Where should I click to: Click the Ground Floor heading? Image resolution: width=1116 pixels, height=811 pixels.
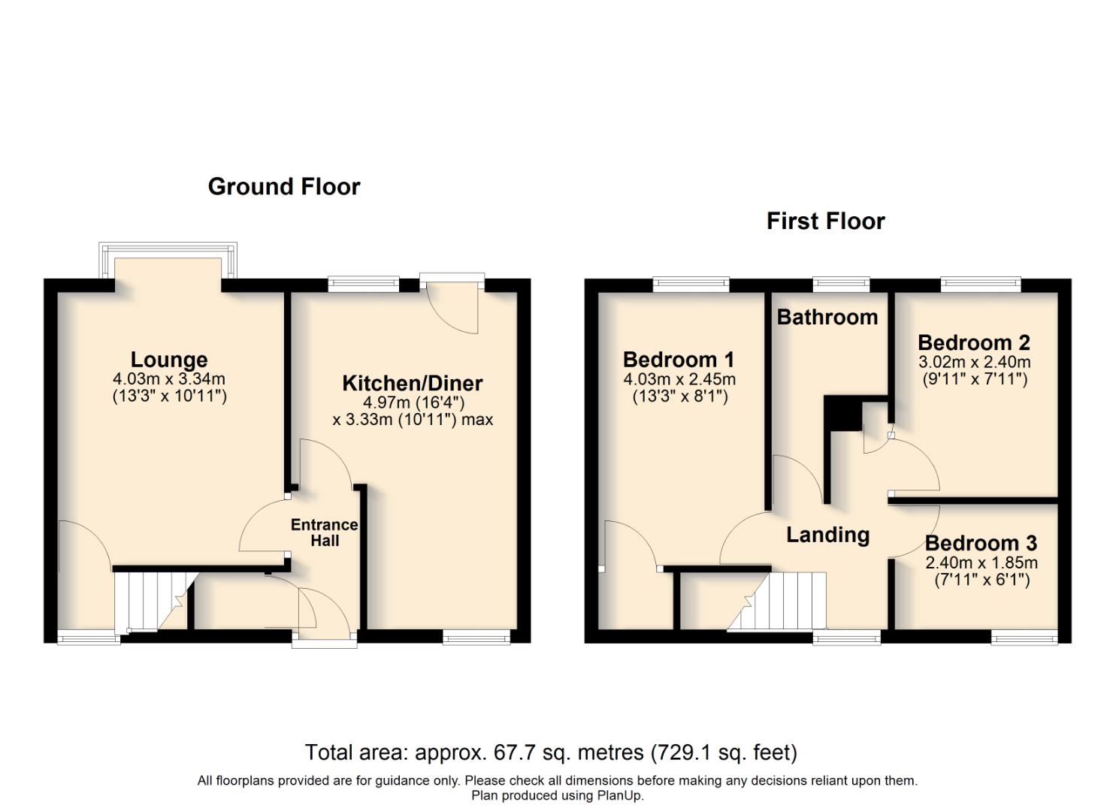pyautogui.click(x=284, y=186)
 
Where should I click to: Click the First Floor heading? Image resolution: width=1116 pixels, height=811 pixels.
pyautogui.click(x=825, y=221)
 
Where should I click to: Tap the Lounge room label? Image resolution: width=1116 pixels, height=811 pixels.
pyautogui.click(x=169, y=360)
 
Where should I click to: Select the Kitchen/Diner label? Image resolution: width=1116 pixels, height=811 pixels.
pyautogui.click(x=413, y=383)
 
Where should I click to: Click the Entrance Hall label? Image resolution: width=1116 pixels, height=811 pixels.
pyautogui.click(x=325, y=532)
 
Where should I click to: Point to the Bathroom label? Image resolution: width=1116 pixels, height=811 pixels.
pyautogui.click(x=827, y=317)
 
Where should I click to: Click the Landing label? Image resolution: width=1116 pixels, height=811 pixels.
pyautogui.click(x=827, y=535)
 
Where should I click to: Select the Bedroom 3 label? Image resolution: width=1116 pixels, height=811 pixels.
pyautogui.click(x=981, y=543)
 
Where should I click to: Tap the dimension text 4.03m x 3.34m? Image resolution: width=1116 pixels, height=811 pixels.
pyautogui.click(x=169, y=379)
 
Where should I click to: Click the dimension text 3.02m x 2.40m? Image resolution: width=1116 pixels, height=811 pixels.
pyautogui.click(x=974, y=362)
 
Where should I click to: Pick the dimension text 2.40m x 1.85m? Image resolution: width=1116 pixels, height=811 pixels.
pyautogui.click(x=981, y=562)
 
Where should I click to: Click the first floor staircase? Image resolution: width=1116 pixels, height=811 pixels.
pyautogui.click(x=782, y=601)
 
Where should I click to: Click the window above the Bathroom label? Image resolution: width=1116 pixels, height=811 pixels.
pyautogui.click(x=841, y=284)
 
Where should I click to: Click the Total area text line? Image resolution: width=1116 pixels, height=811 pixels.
pyautogui.click(x=551, y=752)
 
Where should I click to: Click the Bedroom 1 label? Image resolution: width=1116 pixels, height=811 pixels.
pyautogui.click(x=679, y=360)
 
